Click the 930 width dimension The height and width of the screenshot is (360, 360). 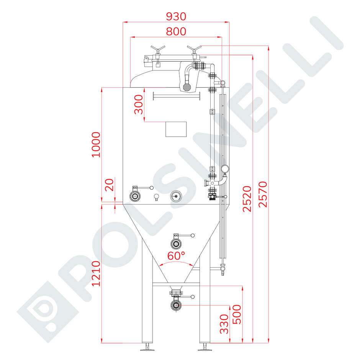176,16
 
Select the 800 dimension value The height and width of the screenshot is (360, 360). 176,31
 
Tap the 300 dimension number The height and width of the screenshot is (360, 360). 138,105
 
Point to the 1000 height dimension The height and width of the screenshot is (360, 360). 96,144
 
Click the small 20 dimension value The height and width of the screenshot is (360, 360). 110,185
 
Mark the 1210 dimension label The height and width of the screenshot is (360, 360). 96,273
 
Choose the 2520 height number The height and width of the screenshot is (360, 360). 247,198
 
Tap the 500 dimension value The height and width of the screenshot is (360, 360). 237,314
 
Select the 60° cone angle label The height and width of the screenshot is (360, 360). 176,255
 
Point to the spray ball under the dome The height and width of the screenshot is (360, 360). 187,87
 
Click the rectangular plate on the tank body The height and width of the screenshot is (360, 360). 176,129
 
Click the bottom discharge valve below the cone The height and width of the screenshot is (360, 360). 176,305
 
